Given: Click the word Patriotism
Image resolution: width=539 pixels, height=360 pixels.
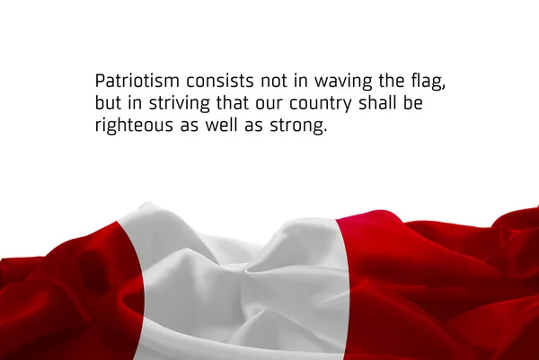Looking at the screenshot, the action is tap(137, 81).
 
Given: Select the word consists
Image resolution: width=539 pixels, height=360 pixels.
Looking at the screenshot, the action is tap(220, 81).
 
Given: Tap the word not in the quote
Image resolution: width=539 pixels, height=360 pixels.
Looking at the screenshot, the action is tap(274, 81).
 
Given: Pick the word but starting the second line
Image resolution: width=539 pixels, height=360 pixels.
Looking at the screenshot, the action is tap(108, 103).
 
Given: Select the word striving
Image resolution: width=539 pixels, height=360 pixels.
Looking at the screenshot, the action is tap(179, 104).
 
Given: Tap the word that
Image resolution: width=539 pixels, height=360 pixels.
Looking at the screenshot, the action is tap(233, 103).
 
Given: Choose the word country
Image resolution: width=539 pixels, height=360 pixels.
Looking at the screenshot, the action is tap(321, 104).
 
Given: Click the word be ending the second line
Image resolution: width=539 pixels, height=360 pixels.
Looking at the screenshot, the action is tap(413, 103).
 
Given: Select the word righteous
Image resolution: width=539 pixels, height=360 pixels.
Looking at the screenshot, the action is tap(134, 126).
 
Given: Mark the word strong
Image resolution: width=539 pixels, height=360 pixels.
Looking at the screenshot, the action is tap(297, 127).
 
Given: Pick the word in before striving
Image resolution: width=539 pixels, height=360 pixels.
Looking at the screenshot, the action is tap(135, 103).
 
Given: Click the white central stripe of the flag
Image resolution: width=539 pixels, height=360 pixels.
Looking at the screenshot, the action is tap(241, 292).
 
